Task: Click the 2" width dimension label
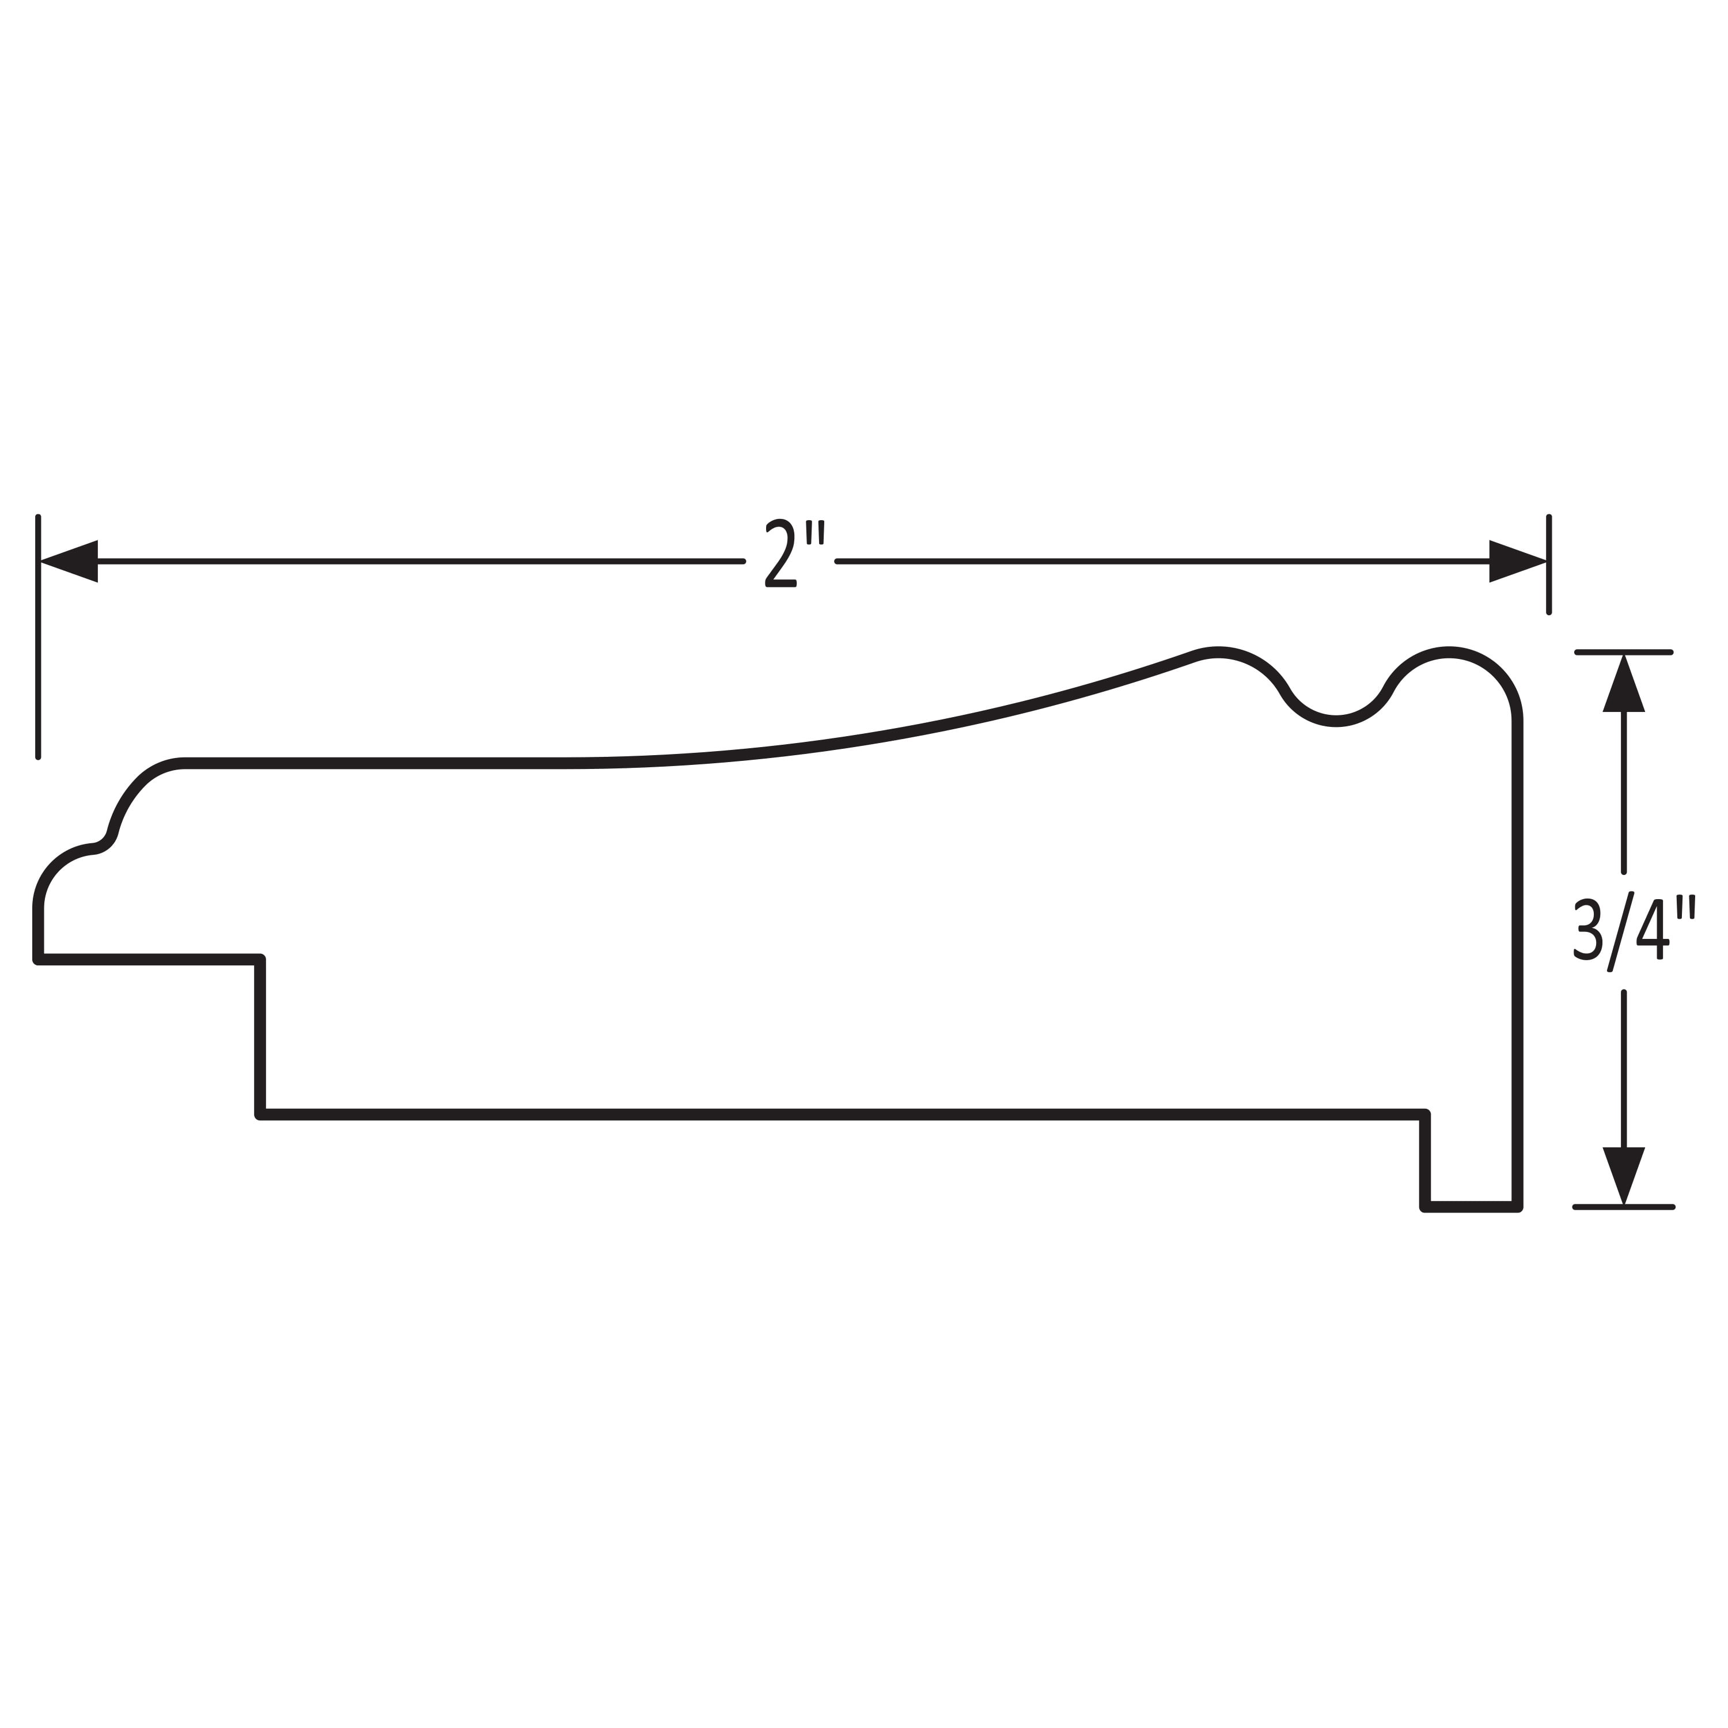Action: [x=793, y=553]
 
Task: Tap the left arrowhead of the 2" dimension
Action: [x=69, y=562]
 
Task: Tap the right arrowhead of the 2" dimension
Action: [x=1518, y=562]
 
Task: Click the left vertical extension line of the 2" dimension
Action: [x=37, y=637]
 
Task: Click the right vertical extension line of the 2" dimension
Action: [x=1549, y=564]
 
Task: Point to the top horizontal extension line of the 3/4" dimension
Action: [x=1623, y=652]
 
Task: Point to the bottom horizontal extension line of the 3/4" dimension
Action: [x=1623, y=1207]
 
